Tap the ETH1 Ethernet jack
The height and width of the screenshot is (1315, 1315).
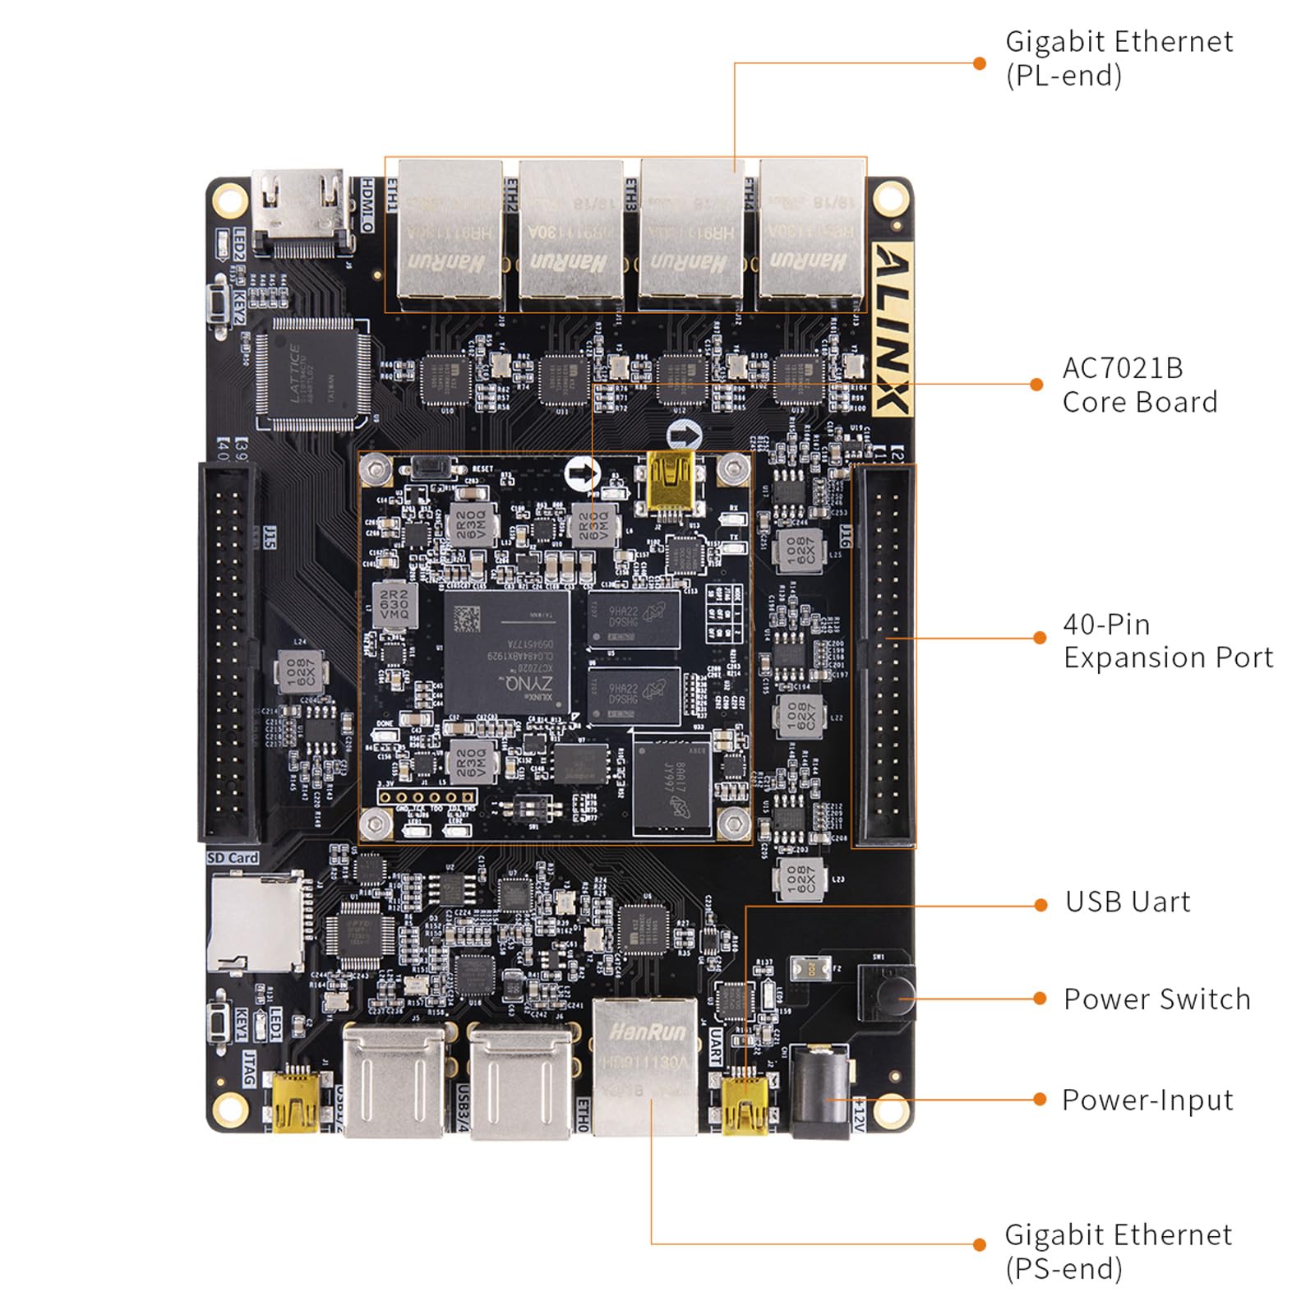pyautogui.click(x=449, y=233)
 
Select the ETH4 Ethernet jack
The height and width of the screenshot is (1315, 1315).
pyautogui.click(x=810, y=233)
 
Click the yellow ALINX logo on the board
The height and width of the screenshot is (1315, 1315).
pyautogui.click(x=893, y=330)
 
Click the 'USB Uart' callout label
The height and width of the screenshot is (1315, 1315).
pyautogui.click(x=1127, y=902)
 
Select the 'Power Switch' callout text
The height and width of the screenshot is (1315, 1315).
pyautogui.click(x=1156, y=999)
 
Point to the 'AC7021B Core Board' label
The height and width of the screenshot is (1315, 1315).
pyautogui.click(x=1139, y=385)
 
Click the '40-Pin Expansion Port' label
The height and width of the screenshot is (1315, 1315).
pyautogui.click(x=1167, y=641)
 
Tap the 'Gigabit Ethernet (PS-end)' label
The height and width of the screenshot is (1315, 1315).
pyautogui.click(x=1118, y=1251)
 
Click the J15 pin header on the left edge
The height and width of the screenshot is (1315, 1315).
pyautogui.click(x=228, y=653)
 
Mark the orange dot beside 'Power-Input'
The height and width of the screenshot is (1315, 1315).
pyautogui.click(x=1040, y=1100)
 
